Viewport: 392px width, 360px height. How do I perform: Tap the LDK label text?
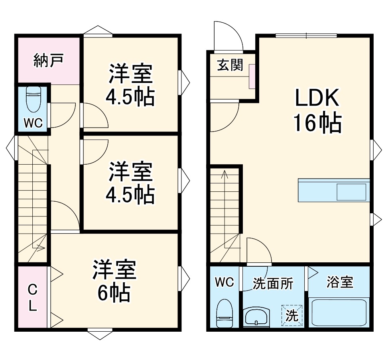point(317,98)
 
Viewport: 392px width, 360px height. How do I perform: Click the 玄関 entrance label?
point(230,65)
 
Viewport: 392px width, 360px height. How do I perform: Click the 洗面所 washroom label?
point(273,283)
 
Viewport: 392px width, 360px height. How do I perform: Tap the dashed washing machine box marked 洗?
point(292,316)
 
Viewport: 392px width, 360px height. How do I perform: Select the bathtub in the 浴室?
point(339,313)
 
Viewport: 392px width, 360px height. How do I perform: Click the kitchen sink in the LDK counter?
point(351,192)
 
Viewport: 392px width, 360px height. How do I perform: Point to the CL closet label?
point(32,297)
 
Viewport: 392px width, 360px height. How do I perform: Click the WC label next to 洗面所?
point(225,282)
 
